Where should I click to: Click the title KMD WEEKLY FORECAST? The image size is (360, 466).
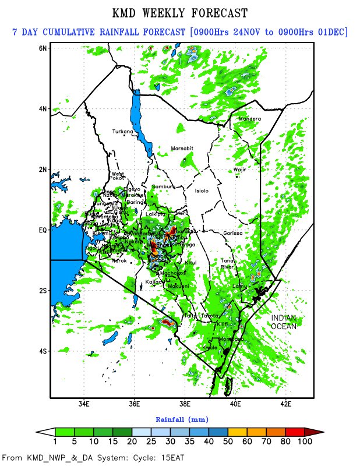click(x=179, y=13)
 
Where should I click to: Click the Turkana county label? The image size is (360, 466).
click(x=123, y=132)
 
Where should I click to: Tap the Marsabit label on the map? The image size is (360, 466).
click(x=182, y=149)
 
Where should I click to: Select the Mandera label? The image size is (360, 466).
click(x=250, y=119)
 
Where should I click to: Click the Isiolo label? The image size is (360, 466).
click(x=202, y=190)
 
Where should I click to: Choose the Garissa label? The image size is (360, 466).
click(x=233, y=233)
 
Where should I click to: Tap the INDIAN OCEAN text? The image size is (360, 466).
click(x=284, y=322)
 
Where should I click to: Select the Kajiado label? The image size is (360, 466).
click(x=154, y=281)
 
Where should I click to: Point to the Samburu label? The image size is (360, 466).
click(x=163, y=186)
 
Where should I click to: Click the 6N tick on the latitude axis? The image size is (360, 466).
click(x=43, y=48)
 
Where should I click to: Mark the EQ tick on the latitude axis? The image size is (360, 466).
click(x=42, y=230)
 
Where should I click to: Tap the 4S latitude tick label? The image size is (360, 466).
click(x=43, y=351)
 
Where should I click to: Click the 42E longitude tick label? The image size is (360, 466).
click(x=286, y=403)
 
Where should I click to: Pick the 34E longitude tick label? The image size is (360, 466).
click(x=84, y=403)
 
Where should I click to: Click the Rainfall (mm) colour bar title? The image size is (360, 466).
click(x=182, y=419)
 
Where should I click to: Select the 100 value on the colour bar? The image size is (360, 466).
click(x=305, y=442)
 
